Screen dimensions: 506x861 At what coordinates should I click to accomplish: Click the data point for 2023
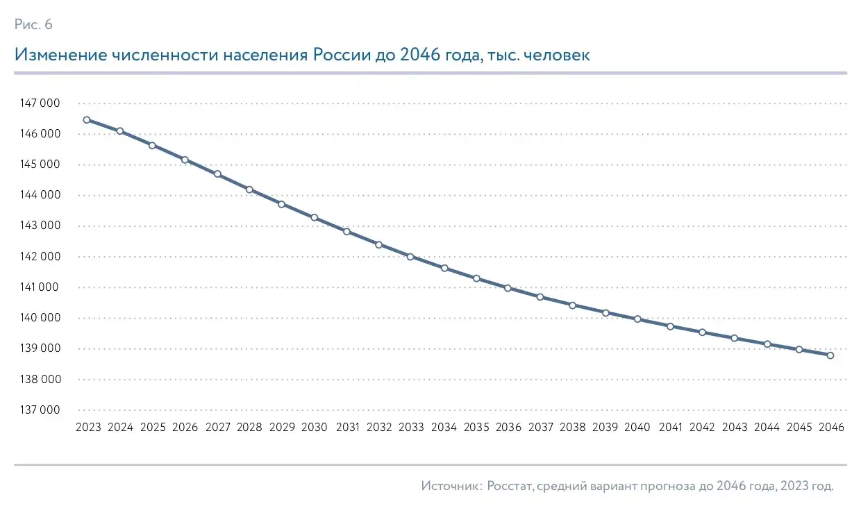click(x=87, y=119)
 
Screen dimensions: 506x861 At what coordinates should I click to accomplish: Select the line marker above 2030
click(x=314, y=217)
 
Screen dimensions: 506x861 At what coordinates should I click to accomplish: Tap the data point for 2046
click(x=830, y=355)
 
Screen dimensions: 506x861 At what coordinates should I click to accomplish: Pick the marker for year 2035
click(x=476, y=278)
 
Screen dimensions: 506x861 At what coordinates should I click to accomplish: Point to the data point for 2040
click(x=637, y=319)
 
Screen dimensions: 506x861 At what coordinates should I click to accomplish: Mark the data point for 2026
click(x=185, y=160)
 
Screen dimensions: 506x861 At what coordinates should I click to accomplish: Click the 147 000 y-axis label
click(x=40, y=103)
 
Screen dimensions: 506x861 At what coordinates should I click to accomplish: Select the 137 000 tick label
click(x=40, y=410)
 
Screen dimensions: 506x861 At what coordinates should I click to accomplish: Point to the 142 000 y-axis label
click(x=40, y=257)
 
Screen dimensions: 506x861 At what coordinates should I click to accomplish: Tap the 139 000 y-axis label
click(x=40, y=348)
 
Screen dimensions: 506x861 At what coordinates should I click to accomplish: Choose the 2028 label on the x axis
click(x=249, y=428)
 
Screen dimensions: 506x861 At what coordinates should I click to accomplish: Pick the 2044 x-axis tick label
click(x=767, y=428)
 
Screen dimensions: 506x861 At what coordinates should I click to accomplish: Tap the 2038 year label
click(x=572, y=428)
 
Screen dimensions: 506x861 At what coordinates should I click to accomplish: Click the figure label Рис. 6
click(x=33, y=25)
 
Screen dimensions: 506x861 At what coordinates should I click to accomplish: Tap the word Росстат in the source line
click(x=510, y=486)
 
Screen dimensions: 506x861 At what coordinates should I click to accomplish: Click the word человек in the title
click(x=558, y=56)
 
